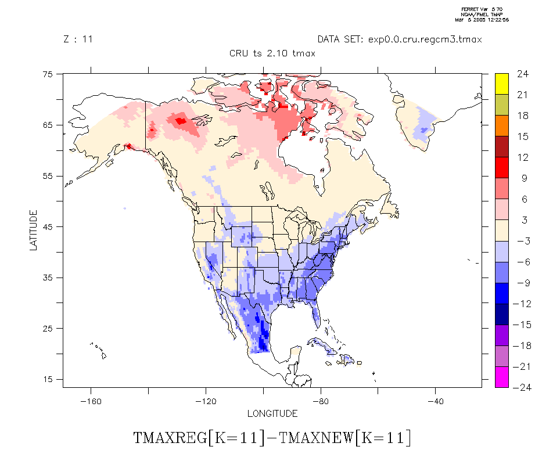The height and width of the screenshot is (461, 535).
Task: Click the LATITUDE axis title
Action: tap(33, 230)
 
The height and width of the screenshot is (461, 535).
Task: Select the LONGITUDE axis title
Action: tap(272, 414)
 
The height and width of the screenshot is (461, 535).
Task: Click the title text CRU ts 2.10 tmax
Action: tap(272, 53)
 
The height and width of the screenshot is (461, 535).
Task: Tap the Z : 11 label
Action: tap(78, 39)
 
